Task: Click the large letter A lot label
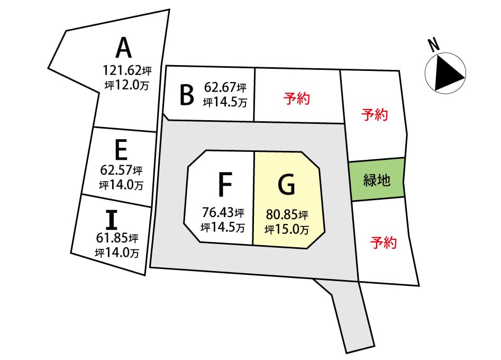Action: (x=124, y=48)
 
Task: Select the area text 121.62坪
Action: (x=127, y=70)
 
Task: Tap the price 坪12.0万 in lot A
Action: (x=127, y=85)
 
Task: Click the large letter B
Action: (x=187, y=95)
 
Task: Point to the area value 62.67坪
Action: (x=225, y=87)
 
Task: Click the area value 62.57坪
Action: (x=121, y=170)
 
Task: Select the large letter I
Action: (x=112, y=220)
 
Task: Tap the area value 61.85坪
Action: (x=117, y=238)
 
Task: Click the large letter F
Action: (x=225, y=184)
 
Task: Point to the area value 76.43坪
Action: (x=223, y=212)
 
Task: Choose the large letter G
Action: (x=286, y=185)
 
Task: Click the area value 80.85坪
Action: (x=287, y=214)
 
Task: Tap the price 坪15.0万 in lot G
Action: (x=287, y=229)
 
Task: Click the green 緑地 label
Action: (x=377, y=180)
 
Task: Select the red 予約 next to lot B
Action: (x=296, y=98)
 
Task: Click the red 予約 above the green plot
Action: (x=375, y=115)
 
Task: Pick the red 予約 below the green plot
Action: (x=384, y=242)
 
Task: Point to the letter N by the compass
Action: (x=434, y=45)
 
